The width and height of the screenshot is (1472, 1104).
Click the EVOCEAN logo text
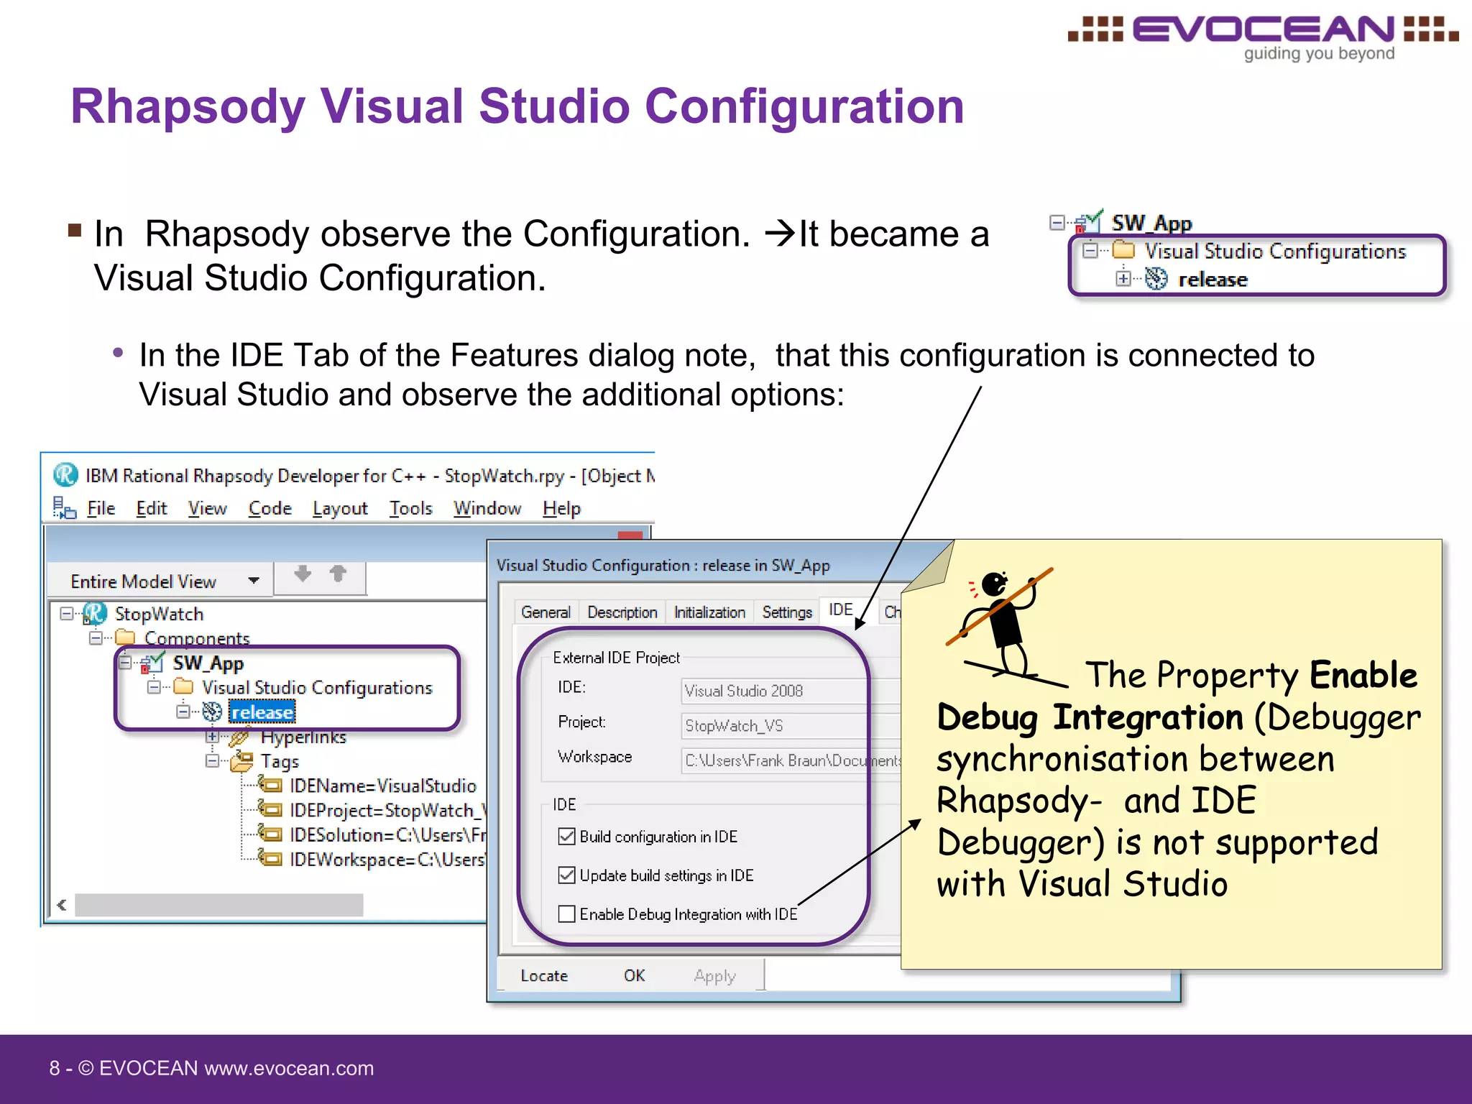(x=1264, y=30)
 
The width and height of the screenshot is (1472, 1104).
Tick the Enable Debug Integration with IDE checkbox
(x=566, y=914)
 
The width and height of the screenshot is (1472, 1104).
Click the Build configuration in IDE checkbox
(x=566, y=836)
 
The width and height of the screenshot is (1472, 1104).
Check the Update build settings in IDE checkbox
(x=566, y=875)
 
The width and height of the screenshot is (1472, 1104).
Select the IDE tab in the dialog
(x=840, y=610)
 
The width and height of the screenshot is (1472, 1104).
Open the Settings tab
(x=786, y=612)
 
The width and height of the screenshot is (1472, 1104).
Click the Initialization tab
(x=709, y=612)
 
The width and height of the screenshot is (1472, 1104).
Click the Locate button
(x=544, y=975)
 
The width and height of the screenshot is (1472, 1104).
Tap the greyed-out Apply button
(x=714, y=975)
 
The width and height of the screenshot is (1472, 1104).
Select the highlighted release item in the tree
(x=262, y=712)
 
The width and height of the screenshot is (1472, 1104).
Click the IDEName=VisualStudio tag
(x=382, y=786)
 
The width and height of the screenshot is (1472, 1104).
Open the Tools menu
(x=410, y=508)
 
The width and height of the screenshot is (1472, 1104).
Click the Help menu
(x=561, y=508)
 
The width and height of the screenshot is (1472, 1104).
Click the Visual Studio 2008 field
(x=773, y=691)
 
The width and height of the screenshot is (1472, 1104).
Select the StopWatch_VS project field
(x=773, y=725)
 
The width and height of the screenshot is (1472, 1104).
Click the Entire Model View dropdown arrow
(x=254, y=581)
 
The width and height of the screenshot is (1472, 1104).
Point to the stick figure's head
(x=994, y=584)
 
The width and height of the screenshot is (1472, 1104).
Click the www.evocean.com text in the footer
(x=289, y=1068)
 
